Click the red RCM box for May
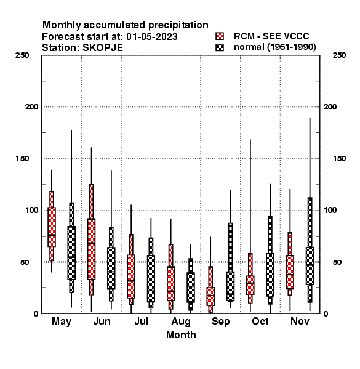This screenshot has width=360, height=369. pyautogui.click(x=52, y=228)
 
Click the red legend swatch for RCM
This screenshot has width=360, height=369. pyautogui.click(x=220, y=36)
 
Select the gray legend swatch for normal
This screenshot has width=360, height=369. pyautogui.click(x=220, y=47)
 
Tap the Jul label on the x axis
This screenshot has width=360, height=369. pyautogui.click(x=142, y=321)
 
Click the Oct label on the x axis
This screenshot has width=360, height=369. pyautogui.click(x=260, y=321)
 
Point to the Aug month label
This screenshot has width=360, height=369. pyautogui.click(x=181, y=322)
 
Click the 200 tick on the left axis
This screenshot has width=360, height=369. pyautogui.click(x=31, y=107)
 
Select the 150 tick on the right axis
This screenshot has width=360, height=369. pyautogui.click(x=339, y=159)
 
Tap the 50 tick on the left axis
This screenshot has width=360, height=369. pyautogui.click(x=25, y=262)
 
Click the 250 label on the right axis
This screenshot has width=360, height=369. pyautogui.click(x=339, y=55)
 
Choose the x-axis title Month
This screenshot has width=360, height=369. pyautogui.click(x=181, y=335)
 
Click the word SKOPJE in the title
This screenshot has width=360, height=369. pyautogui.click(x=103, y=48)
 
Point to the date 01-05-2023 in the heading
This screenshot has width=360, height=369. pyautogui.click(x=152, y=37)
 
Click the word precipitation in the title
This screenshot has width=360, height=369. pyautogui.click(x=178, y=25)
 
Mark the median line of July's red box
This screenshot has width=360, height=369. pyautogui.click(x=131, y=281)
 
